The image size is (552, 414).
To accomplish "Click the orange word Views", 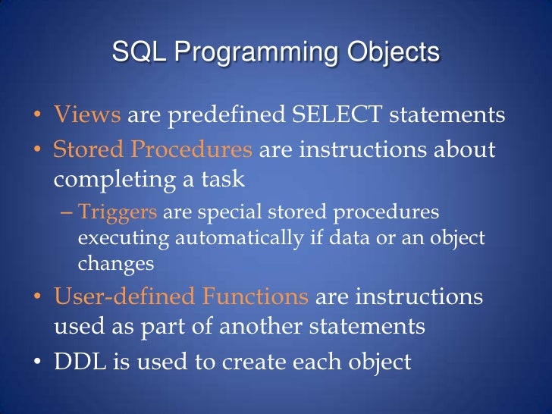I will [86, 116].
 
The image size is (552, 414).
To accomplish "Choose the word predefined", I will [219, 116].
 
